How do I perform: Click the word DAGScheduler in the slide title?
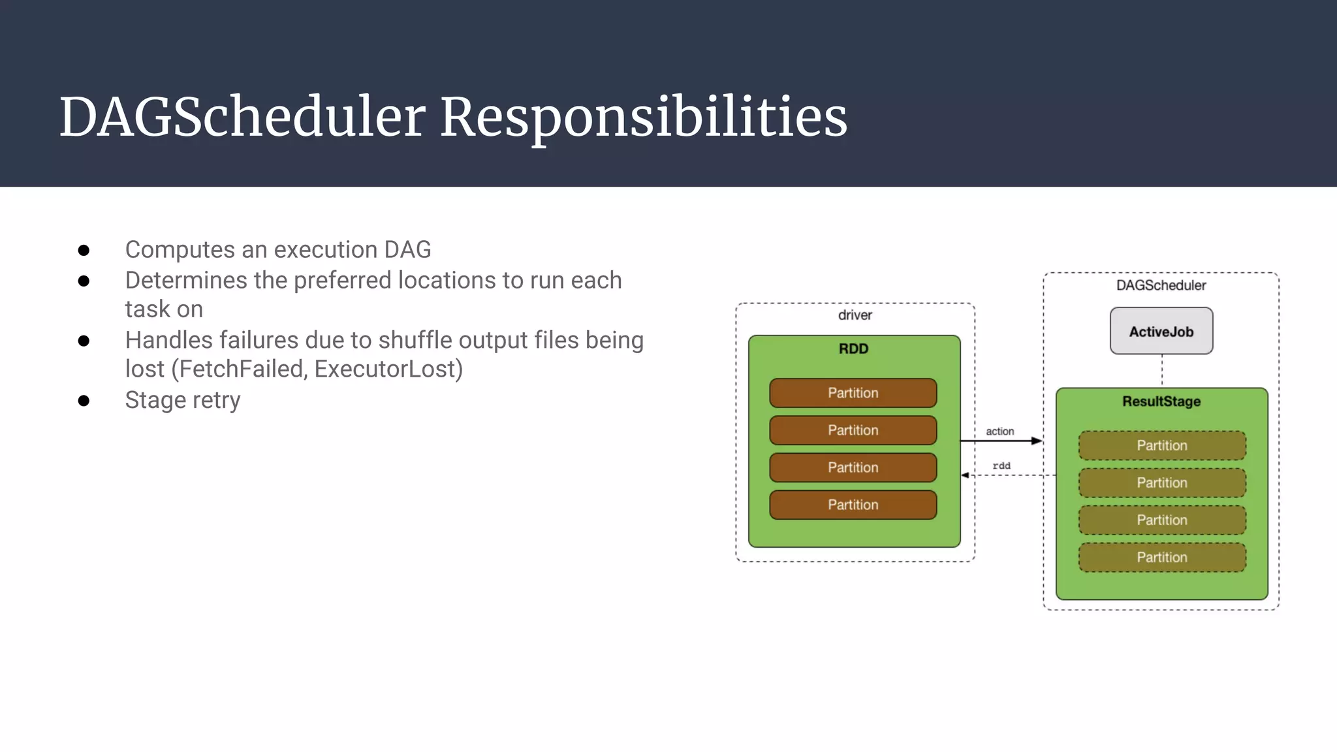(x=242, y=117)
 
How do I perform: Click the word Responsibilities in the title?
(x=643, y=117)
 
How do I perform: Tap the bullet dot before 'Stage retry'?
(x=84, y=400)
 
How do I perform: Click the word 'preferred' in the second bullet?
(x=342, y=280)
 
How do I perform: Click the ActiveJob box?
(x=1161, y=331)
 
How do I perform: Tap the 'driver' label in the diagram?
(x=855, y=315)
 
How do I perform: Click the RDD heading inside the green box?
(x=853, y=349)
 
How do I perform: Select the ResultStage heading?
(x=1161, y=401)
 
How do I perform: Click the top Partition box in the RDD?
(x=853, y=393)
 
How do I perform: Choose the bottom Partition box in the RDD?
(x=853, y=505)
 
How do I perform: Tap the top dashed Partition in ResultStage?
(x=1162, y=445)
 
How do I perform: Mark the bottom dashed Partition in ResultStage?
(x=1162, y=557)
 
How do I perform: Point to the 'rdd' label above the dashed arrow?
(x=1001, y=465)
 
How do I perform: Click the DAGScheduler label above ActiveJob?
(x=1161, y=285)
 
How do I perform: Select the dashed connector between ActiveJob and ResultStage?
(x=1162, y=371)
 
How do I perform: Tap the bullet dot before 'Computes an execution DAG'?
(x=84, y=250)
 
